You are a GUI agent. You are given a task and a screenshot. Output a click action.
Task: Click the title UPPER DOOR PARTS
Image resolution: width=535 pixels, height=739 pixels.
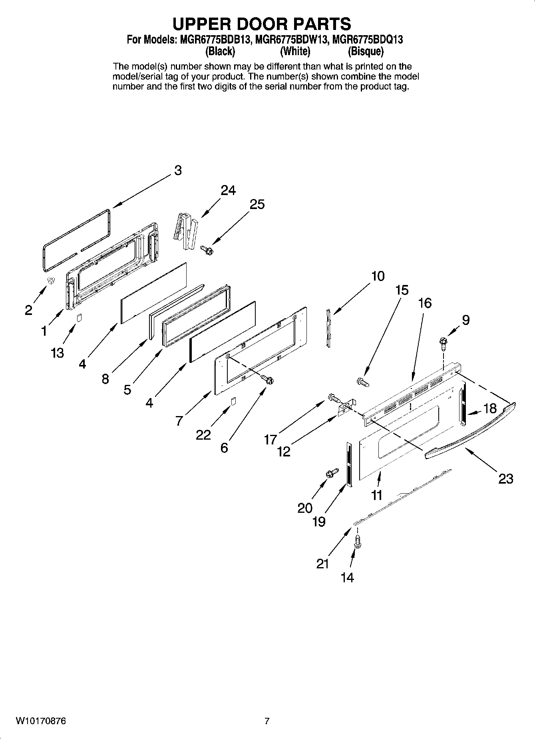(262, 24)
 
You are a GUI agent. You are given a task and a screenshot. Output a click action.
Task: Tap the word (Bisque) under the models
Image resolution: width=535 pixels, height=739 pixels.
(365, 52)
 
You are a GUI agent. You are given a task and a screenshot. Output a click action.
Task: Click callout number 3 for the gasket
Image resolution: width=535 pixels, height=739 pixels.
(178, 170)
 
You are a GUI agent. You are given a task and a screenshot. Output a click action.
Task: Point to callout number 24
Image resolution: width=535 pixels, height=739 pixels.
(228, 191)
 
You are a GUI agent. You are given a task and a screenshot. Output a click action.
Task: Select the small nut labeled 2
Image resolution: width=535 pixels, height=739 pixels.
(51, 281)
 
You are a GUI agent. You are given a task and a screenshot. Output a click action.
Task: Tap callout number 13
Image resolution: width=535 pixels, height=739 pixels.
(57, 353)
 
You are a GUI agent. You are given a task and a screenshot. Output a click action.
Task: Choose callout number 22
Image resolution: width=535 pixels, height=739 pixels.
(203, 434)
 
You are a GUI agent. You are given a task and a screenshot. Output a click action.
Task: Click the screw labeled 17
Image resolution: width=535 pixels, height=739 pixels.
(333, 398)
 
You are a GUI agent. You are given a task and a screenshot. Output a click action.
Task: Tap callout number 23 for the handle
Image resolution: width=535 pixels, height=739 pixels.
(505, 478)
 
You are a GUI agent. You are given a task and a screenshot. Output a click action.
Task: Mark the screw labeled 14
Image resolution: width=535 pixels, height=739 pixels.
(358, 543)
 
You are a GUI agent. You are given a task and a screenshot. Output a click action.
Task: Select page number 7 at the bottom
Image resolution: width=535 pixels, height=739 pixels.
(267, 721)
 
